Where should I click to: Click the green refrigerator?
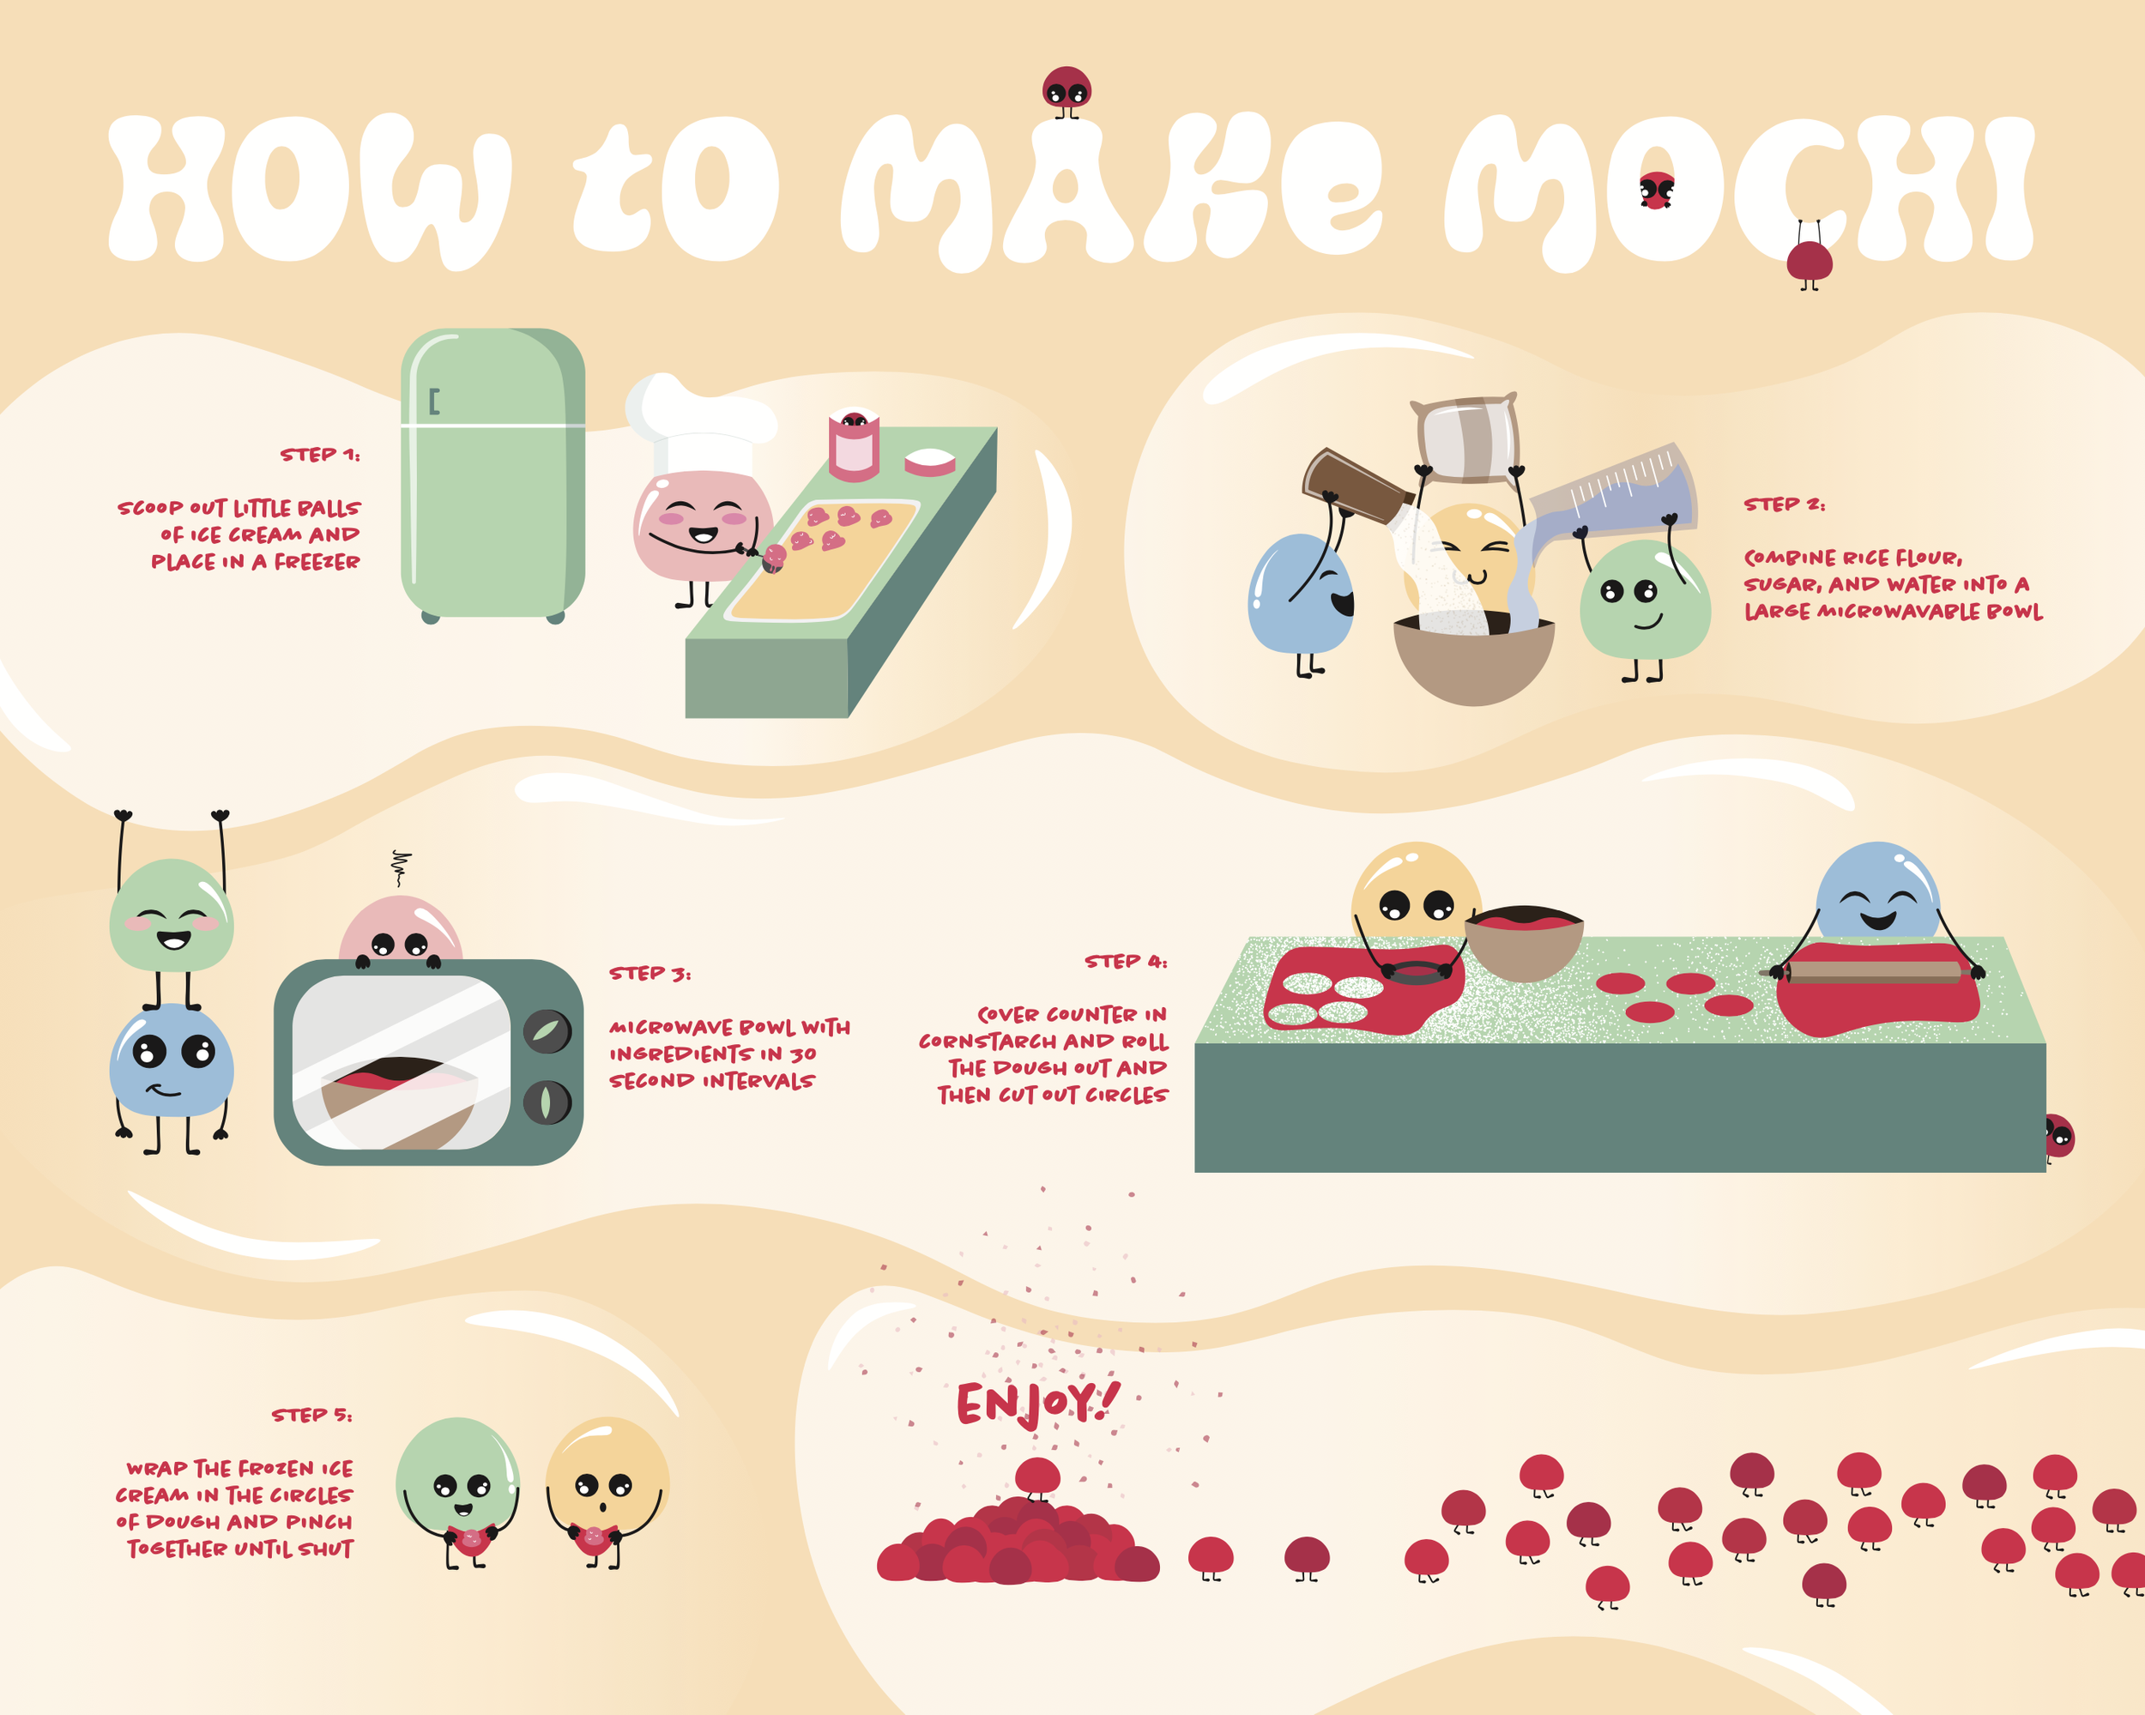[x=492, y=475]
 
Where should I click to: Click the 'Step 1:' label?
[x=319, y=455]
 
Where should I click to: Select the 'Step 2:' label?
[x=1784, y=504]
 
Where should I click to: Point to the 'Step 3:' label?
[x=650, y=973]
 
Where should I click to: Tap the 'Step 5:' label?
[x=311, y=1415]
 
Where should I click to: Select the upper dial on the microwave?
[x=547, y=1031]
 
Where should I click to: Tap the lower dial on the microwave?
[x=547, y=1102]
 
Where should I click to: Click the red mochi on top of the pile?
[x=1036, y=1477]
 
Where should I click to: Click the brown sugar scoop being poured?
[x=1359, y=486]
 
